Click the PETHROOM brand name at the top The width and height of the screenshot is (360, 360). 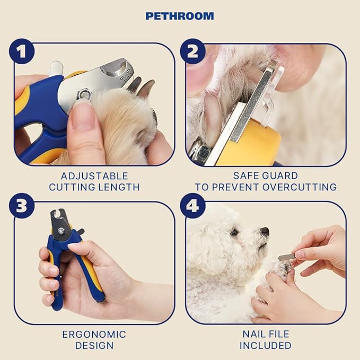[180, 16]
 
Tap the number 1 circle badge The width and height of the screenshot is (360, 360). [22, 51]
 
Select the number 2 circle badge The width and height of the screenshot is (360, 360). [192, 51]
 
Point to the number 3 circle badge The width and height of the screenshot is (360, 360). [22, 206]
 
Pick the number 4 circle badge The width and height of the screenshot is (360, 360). [192, 206]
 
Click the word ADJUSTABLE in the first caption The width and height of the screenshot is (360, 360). [94, 176]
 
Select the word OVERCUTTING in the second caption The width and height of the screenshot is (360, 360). [300, 187]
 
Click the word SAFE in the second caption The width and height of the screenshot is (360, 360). [245, 176]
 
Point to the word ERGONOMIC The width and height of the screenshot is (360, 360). [94, 335]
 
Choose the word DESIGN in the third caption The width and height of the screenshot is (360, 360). [94, 346]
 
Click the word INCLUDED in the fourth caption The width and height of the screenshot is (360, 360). [266, 346]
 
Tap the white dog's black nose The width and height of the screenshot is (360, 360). [265, 231]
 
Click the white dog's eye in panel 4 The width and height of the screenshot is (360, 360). [234, 232]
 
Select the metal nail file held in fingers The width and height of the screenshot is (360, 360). [287, 257]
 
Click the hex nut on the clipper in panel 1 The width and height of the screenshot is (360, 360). [84, 95]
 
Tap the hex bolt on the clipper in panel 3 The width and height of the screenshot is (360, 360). [61, 231]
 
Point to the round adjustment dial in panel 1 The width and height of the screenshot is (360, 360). [115, 68]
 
